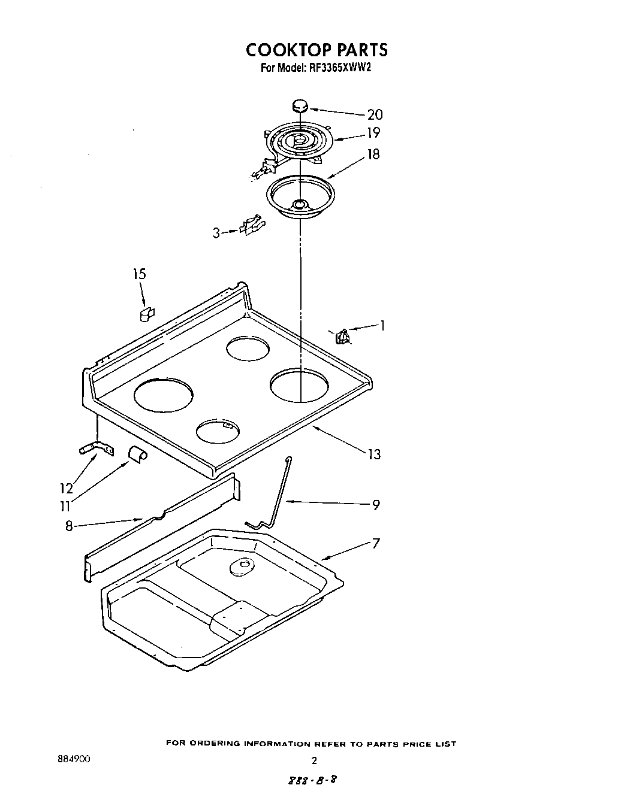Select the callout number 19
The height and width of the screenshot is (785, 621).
point(373,133)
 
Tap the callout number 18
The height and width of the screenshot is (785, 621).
point(373,154)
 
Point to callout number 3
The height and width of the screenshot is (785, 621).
point(216,233)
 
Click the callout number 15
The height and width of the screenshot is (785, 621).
point(139,274)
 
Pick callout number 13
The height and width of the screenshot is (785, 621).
point(374,454)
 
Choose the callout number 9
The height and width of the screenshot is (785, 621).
point(376,505)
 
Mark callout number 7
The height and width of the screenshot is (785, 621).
point(376,544)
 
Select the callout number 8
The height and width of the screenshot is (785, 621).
point(69,526)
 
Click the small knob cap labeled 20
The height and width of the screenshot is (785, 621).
point(300,107)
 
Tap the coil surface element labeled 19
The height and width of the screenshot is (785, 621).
point(298,141)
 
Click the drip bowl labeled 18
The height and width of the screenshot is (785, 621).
point(300,198)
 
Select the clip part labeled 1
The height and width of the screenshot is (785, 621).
point(343,337)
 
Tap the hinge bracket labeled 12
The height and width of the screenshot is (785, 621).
point(94,447)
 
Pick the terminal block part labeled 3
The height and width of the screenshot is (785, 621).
point(252,225)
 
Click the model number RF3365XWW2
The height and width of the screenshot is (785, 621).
point(340,68)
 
